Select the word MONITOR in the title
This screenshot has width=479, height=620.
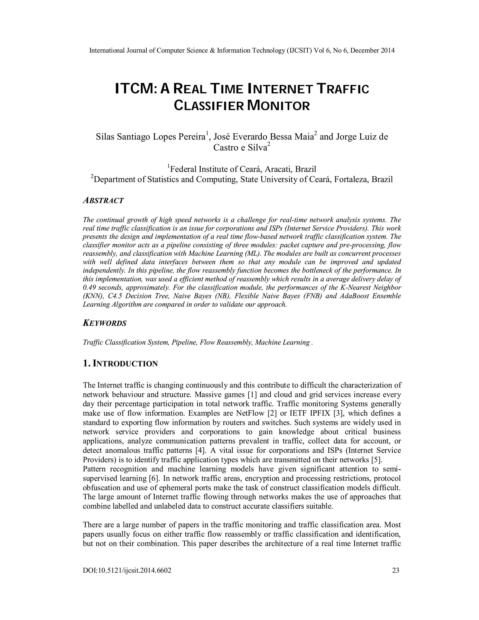coord(278,106)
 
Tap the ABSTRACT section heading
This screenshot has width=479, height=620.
coord(103,201)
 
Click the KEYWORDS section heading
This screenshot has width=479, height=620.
coord(104,323)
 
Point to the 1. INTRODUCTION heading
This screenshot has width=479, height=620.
coord(120,363)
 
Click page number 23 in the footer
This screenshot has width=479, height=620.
coord(395,570)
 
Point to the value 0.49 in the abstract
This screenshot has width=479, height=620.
coord(89,287)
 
